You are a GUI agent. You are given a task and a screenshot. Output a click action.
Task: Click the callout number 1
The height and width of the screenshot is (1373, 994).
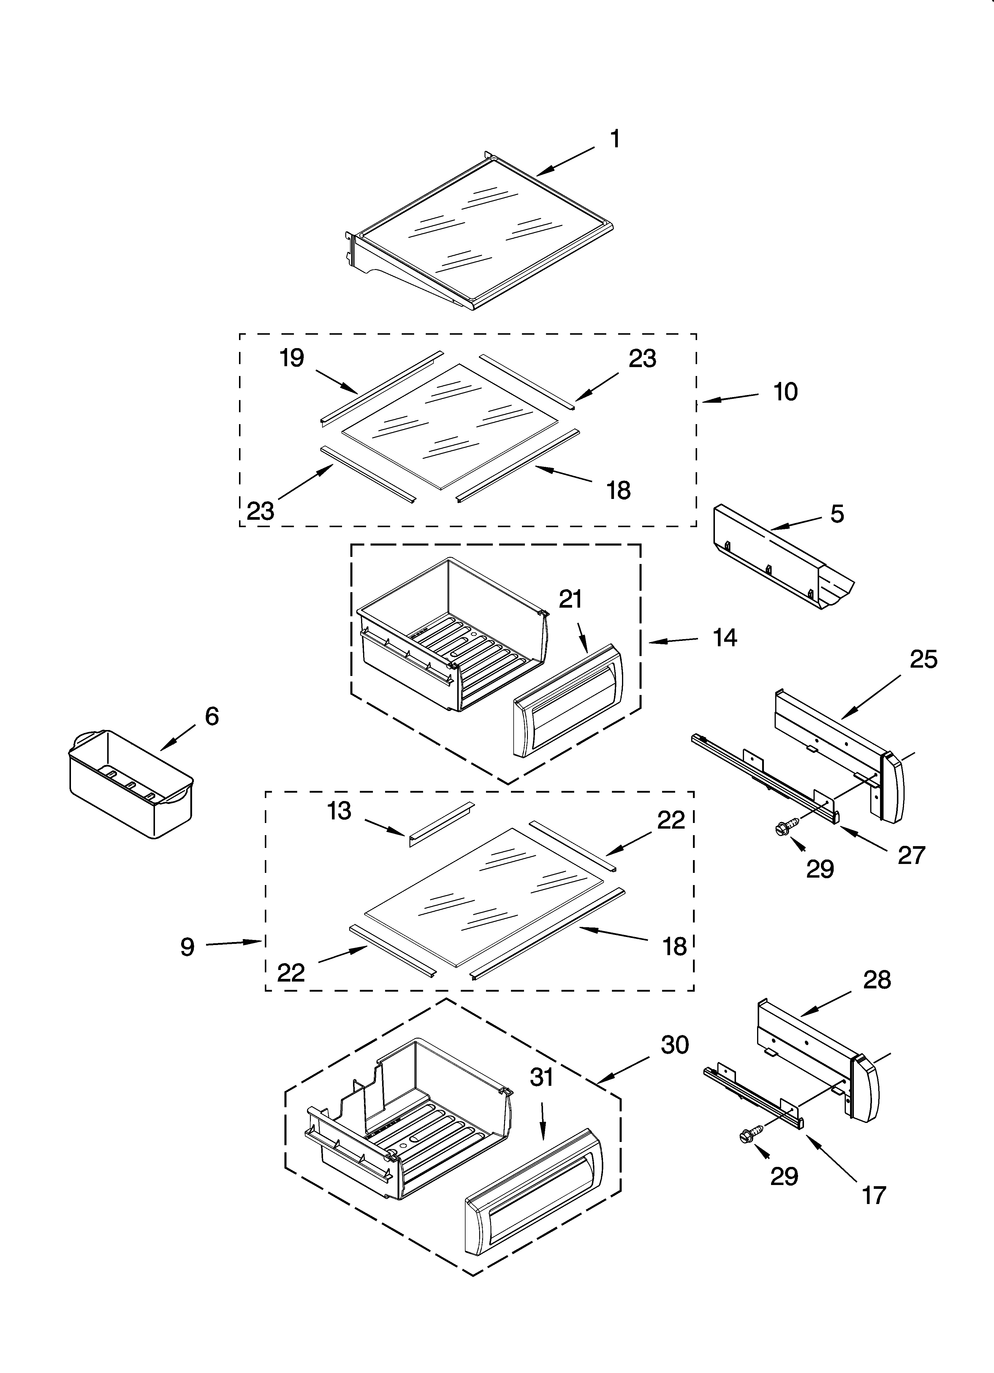point(615,139)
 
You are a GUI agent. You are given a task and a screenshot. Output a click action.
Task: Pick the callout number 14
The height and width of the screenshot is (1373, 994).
point(725,637)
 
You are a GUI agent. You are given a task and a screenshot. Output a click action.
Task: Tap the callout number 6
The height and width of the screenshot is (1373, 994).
point(211,716)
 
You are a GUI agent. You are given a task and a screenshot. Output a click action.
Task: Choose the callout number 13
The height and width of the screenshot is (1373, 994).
point(339,810)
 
